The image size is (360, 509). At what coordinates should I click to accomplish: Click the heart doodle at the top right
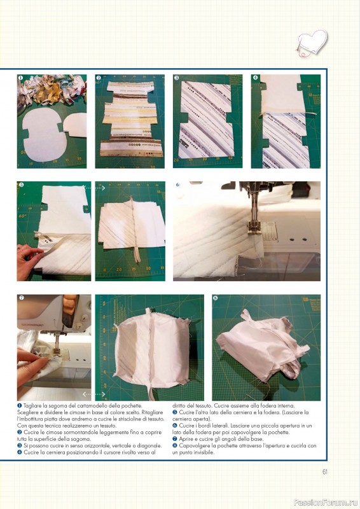coord(312,43)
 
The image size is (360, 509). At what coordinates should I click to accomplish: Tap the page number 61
coord(325,472)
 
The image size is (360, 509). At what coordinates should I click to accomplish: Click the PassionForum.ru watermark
coord(326,503)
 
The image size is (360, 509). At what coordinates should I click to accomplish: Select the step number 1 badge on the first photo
coord(20,78)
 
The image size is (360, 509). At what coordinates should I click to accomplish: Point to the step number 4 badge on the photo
coord(255,78)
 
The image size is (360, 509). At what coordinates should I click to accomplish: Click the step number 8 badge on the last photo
coord(215,298)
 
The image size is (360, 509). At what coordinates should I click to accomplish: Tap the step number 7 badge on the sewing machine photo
coord(22,298)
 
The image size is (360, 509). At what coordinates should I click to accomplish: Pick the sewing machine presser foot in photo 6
coord(253,227)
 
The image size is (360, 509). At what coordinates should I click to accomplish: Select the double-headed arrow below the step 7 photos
coord(93,394)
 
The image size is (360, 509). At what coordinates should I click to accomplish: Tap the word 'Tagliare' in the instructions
coord(32,406)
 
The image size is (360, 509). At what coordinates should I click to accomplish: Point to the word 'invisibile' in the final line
coord(204,452)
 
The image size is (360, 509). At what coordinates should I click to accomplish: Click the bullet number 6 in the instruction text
coord(175,426)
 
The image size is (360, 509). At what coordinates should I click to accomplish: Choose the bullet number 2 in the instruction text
coord(19,433)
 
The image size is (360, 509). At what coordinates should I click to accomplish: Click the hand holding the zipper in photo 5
coord(30,258)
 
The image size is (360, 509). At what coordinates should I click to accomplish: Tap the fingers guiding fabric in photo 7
coord(32,363)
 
